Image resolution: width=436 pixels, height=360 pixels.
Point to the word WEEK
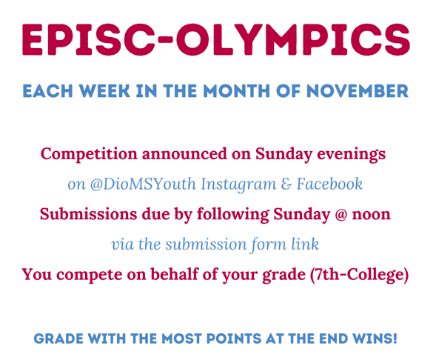click(x=104, y=92)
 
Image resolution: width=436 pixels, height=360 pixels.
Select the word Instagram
click(x=235, y=184)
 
